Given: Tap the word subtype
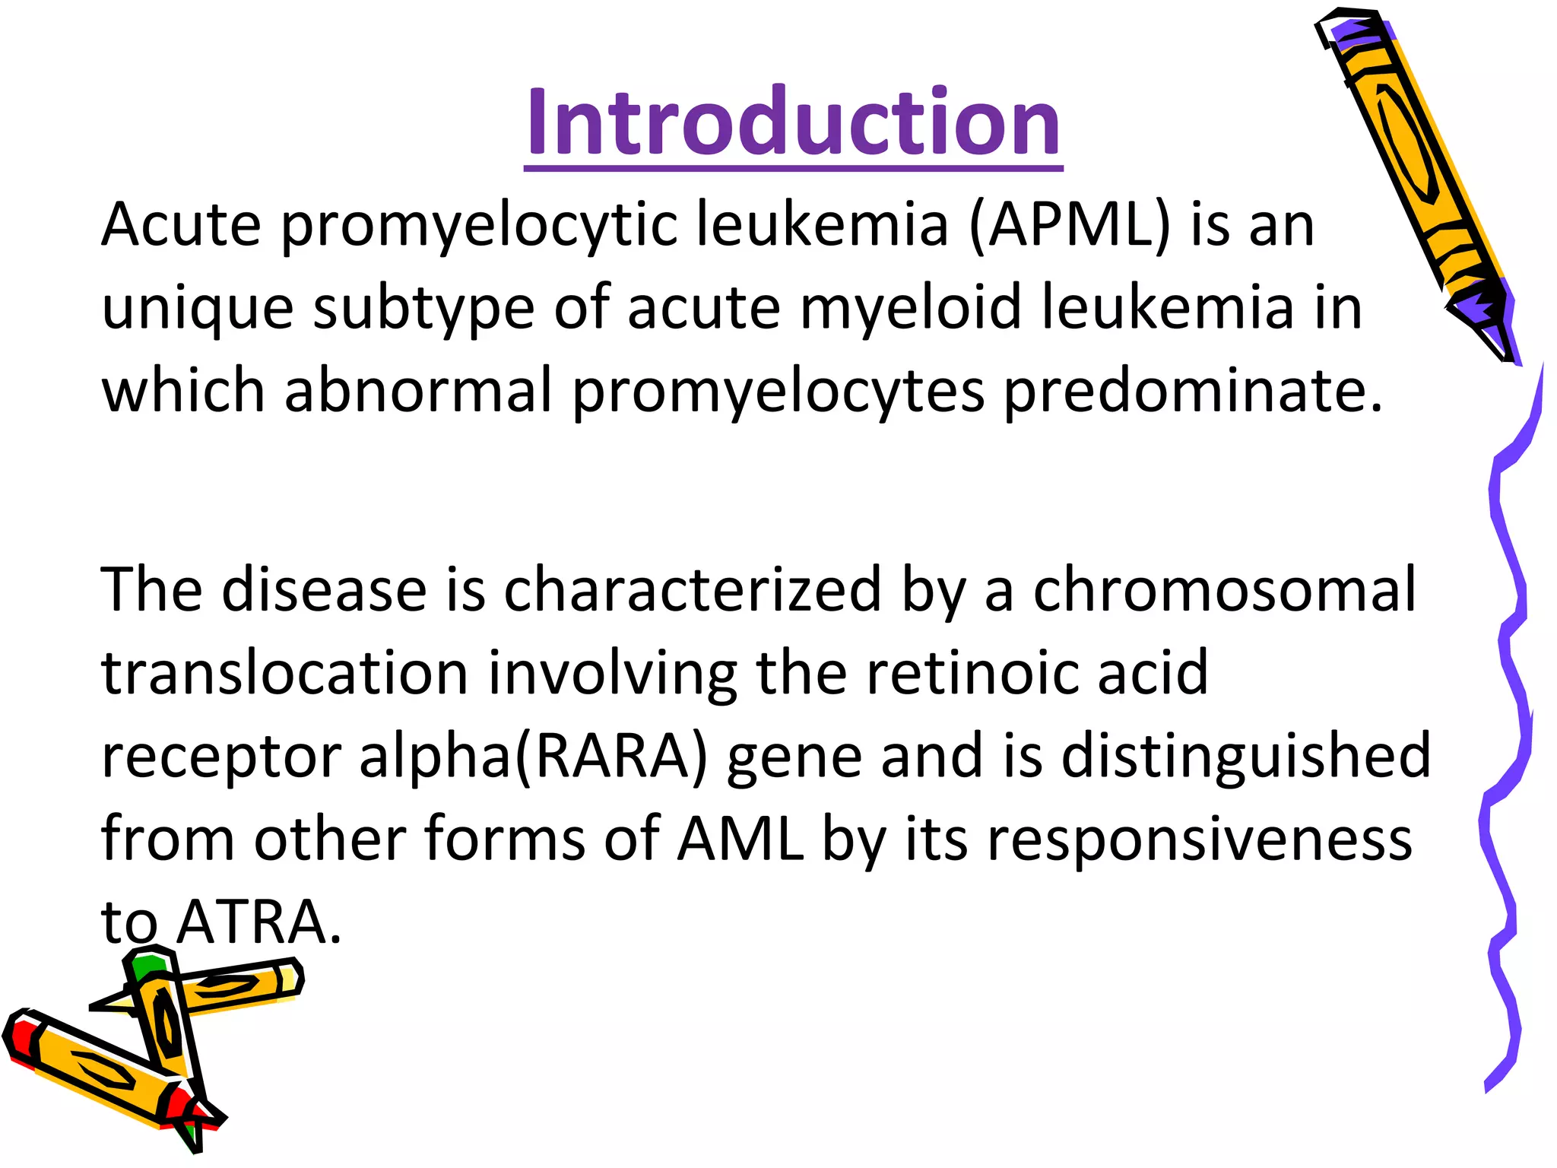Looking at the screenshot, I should pos(424,309).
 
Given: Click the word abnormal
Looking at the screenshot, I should pos(418,390).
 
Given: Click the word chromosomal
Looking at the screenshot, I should pos(1224,590).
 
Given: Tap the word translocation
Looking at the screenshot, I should pos(284,674).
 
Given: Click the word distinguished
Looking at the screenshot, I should pos(1246,757).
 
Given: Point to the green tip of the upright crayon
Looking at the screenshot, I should pos(146,966).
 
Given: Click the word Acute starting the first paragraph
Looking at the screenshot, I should pos(182,225).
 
